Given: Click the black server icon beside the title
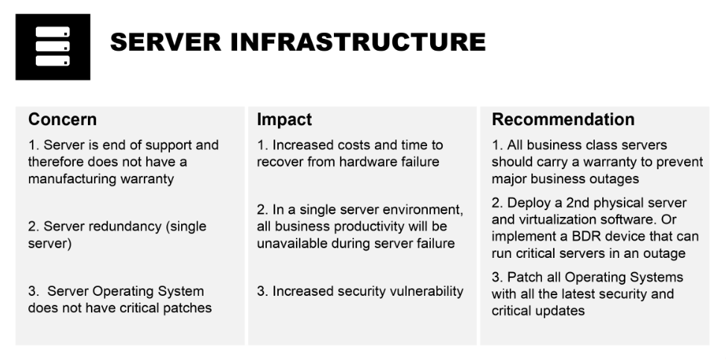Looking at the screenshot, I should click(x=52, y=46).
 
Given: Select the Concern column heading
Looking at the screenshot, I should click(x=62, y=119).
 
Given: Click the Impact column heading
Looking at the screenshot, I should click(x=284, y=119).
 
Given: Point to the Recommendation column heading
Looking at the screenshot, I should click(x=563, y=119).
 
